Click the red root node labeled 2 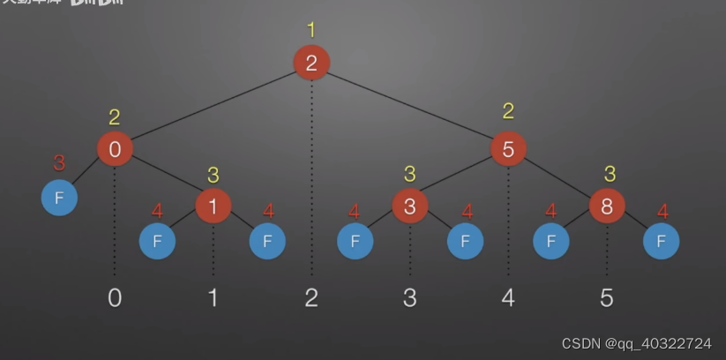(311, 63)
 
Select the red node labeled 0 (115, 149)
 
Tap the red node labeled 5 (508, 149)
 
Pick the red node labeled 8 (607, 206)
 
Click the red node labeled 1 (213, 206)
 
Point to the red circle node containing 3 (410, 206)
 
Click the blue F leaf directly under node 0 (59, 198)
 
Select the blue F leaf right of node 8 (662, 241)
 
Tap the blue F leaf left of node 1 (158, 241)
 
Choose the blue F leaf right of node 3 (465, 241)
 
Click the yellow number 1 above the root (311, 31)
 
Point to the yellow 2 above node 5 (508, 112)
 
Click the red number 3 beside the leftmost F (59, 163)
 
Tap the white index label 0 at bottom (115, 297)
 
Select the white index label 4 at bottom (508, 297)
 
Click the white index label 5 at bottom (607, 297)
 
